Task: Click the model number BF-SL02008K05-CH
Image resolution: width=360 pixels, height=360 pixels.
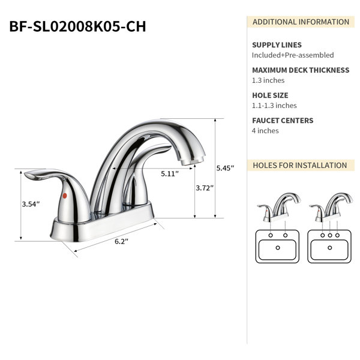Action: point(77,26)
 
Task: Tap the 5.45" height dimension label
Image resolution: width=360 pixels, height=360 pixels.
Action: point(225,168)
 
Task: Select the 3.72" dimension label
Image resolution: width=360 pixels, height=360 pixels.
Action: point(205,188)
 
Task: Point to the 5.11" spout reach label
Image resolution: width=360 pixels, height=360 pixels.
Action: point(170,174)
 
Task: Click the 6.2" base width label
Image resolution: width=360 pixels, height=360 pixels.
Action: point(121,242)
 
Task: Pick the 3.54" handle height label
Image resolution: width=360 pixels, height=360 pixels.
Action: point(31,204)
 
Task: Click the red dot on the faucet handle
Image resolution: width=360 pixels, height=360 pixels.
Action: point(65,196)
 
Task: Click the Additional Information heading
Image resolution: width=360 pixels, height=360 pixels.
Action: point(301,22)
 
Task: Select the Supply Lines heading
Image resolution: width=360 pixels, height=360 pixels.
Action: point(277,45)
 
